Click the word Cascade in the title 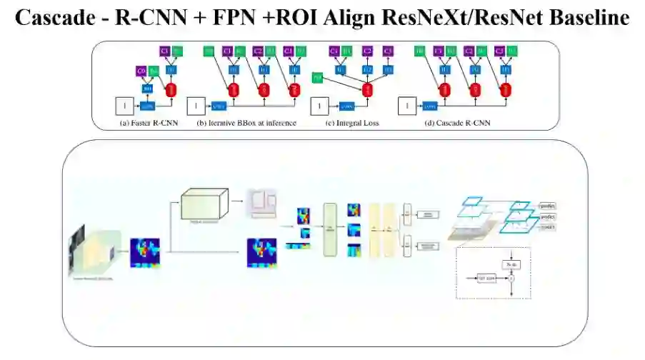(54, 18)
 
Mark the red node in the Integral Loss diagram (368, 90)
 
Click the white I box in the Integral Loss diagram (319, 106)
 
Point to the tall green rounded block (329, 229)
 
